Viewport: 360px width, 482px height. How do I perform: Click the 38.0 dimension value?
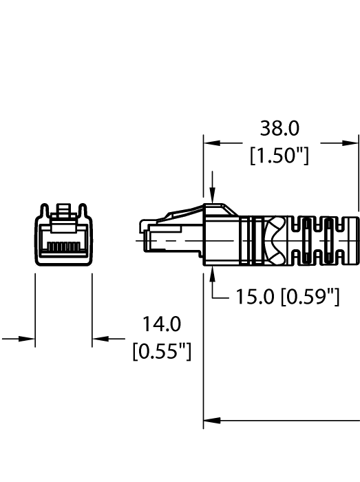click(x=279, y=128)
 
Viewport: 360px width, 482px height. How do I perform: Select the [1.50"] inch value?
click(x=279, y=156)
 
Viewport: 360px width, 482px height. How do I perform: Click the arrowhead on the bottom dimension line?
click(x=212, y=419)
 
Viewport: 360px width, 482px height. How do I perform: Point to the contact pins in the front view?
click(x=63, y=245)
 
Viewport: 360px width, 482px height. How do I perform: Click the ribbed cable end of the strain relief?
click(x=330, y=241)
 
